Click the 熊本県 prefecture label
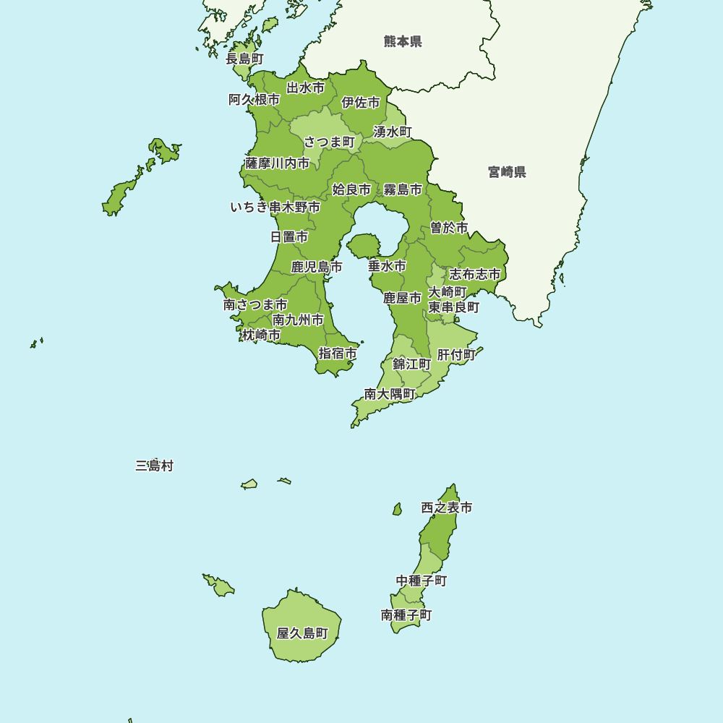(x=403, y=42)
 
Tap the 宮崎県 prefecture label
(x=507, y=172)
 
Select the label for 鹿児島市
(x=317, y=268)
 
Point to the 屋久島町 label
(x=302, y=633)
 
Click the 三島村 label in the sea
(x=154, y=466)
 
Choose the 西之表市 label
(x=447, y=508)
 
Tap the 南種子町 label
(x=406, y=615)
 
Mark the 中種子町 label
(x=422, y=581)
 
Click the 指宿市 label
(x=338, y=354)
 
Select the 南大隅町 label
(x=390, y=394)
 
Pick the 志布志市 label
(x=475, y=275)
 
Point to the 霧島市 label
(x=403, y=190)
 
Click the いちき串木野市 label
(x=275, y=208)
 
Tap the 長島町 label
(x=244, y=59)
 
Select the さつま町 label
(x=329, y=142)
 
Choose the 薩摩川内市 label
(x=278, y=163)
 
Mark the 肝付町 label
(x=456, y=355)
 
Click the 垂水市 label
(x=387, y=266)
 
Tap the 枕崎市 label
(x=261, y=335)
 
